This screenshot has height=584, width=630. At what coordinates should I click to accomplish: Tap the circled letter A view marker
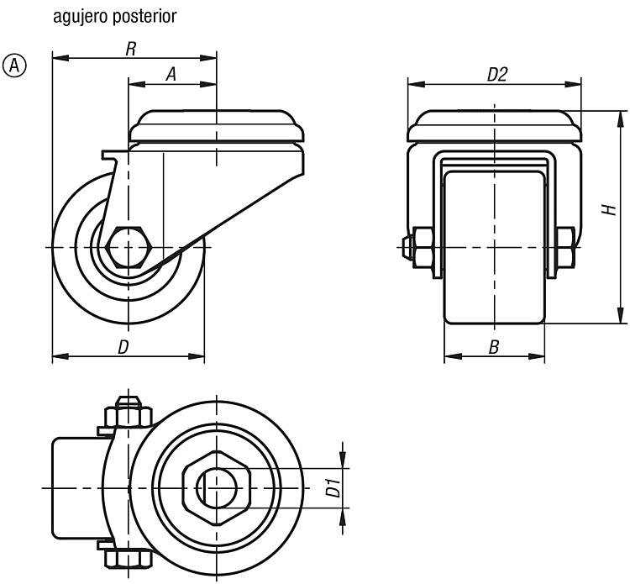pos(14,66)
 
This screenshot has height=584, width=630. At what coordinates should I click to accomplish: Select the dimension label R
pos(131,49)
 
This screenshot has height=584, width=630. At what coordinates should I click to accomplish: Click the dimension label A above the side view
pos(171,74)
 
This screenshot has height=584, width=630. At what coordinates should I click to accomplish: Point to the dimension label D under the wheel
pos(123,347)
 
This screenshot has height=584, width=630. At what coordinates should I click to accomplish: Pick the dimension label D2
pos(497,75)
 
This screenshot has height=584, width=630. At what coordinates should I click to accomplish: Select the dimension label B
pos(494,347)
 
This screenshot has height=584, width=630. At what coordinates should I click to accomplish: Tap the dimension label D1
pos(333,487)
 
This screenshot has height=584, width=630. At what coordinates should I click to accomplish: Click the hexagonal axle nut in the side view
pos(129,247)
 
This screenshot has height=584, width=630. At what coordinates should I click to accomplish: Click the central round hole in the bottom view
pos(217,488)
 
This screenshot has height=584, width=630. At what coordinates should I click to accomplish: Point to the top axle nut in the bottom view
pos(129,415)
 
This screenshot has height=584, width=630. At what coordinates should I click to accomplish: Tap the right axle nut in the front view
pos(565,247)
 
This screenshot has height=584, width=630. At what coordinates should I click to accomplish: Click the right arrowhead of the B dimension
pos(537,356)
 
